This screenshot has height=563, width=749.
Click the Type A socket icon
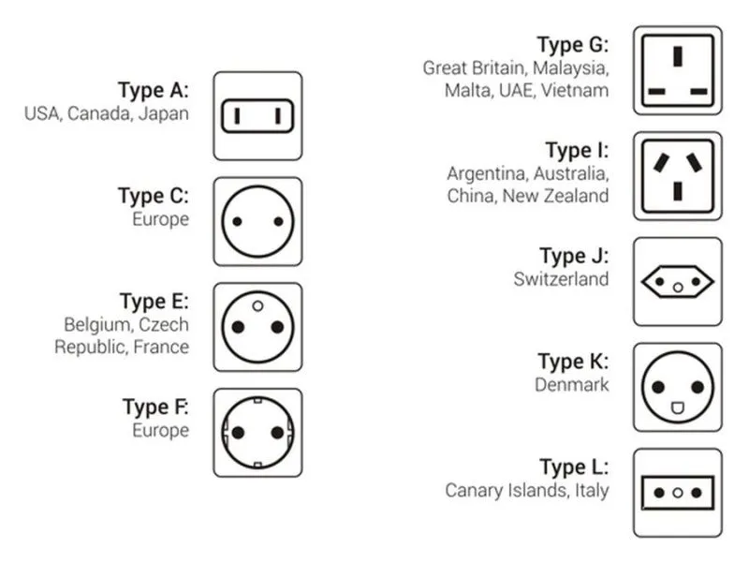257,116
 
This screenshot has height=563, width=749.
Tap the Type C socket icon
257,222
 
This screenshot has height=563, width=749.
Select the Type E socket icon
257,327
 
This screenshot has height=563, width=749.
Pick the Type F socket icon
257,433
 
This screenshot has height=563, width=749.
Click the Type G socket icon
677,70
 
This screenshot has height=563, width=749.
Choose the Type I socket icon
677,176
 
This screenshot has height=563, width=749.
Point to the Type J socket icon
677,282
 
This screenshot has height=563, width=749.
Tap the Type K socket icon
677,387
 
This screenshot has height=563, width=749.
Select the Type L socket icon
677,493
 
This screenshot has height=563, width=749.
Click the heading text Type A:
153,91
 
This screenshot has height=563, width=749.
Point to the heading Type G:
572,44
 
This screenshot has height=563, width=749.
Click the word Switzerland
561,278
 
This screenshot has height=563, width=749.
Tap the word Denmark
571,384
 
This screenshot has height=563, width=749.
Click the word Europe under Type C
160,220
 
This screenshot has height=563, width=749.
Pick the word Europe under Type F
160,431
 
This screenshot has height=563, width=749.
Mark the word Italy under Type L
591,490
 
